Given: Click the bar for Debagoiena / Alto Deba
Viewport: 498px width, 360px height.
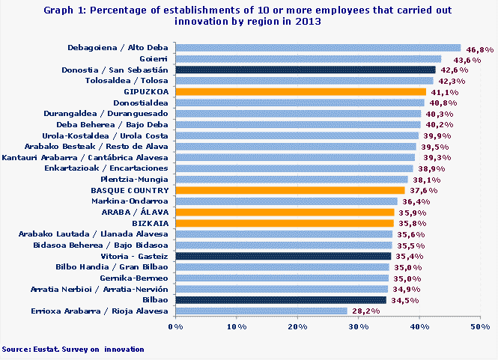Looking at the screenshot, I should tap(318, 48).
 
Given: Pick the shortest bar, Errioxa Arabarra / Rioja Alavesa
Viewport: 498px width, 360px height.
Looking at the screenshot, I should tap(261, 311).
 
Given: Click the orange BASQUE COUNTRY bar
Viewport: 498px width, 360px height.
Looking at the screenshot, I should tap(290, 190).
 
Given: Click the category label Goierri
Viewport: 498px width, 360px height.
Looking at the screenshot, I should tap(154, 58).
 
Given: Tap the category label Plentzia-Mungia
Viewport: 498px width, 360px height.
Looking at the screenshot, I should tap(135, 180).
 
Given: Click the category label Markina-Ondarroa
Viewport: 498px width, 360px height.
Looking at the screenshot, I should tap(133, 201).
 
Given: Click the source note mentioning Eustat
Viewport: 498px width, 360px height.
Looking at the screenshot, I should tap(73, 349).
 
